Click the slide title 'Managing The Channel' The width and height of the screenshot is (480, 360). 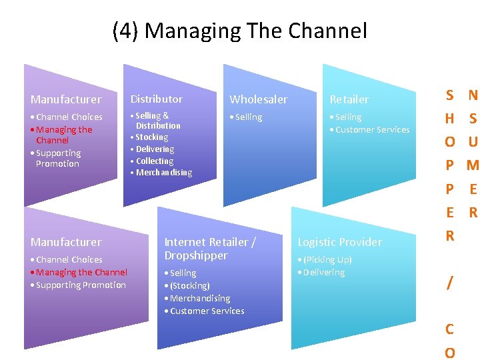pos(256,31)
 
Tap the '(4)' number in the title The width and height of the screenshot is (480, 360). pos(126,31)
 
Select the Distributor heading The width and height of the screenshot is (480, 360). pos(156,99)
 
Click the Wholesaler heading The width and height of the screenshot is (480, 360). pos(259,99)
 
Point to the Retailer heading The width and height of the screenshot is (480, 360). pos(349,99)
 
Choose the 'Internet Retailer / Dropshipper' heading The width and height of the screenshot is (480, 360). pos(210,249)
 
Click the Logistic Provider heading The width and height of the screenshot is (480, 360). pos(339,242)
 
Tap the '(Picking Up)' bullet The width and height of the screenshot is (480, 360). pos(327,260)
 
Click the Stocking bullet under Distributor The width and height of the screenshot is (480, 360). pos(151,137)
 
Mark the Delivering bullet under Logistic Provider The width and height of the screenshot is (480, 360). pos(323,273)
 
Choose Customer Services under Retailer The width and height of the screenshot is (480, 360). pos(372,130)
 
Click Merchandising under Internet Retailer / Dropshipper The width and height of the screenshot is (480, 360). pos(199,299)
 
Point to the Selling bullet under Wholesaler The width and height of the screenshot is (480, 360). pos(248,117)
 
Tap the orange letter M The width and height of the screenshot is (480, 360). pos(473,165)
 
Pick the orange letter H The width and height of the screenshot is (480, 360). pos(450,119)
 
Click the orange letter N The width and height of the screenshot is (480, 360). pos(473,95)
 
